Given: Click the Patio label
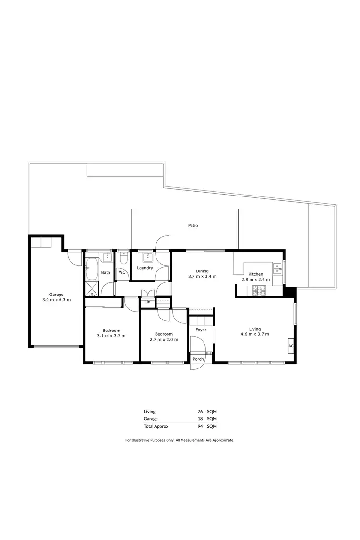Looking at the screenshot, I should click(x=192, y=225).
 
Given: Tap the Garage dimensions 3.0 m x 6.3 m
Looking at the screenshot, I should click(x=56, y=300).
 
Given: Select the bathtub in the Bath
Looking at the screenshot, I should click(x=91, y=269).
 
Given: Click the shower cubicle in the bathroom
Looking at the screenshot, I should click(x=91, y=288).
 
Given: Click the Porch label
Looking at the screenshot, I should click(x=197, y=359).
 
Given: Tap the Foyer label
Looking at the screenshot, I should click(x=201, y=330).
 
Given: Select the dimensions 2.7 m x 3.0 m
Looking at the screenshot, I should click(x=163, y=340).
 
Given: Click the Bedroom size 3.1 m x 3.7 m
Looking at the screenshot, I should click(x=111, y=336).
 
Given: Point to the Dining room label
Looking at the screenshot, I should click(x=202, y=271).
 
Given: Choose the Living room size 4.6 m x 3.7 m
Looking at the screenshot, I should click(x=254, y=334).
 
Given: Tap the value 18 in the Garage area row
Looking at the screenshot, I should click(x=200, y=418).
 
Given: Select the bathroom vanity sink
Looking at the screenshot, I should click(x=106, y=257).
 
